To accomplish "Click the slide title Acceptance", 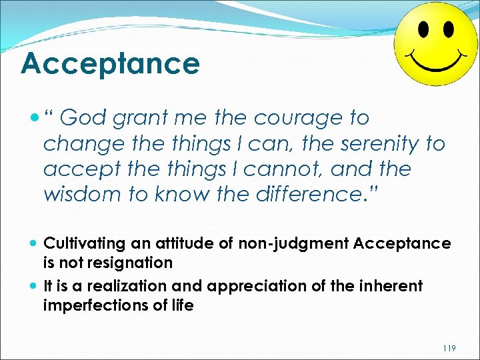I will (x=110, y=64).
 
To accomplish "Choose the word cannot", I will (x=281, y=169).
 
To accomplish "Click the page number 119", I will (x=450, y=347).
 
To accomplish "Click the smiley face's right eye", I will (x=447, y=31).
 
